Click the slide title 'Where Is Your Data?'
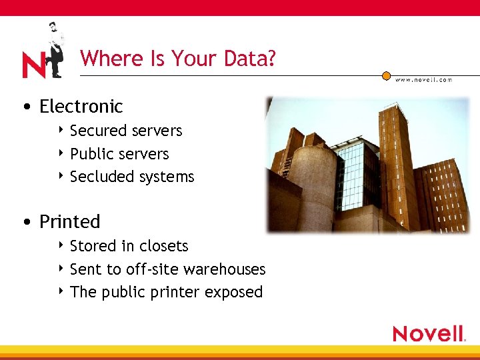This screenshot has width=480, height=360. coord(177,59)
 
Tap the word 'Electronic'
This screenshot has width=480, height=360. coord(81,107)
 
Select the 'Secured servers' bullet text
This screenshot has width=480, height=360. coord(126,131)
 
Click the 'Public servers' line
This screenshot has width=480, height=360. coord(119,154)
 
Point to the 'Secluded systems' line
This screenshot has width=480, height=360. coord(132,177)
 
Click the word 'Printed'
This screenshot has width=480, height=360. coord(70,221)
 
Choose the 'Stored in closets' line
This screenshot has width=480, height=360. coord(129,246)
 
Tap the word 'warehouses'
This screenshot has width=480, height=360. coord(224,269)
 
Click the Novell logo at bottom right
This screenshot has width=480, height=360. coord(429,333)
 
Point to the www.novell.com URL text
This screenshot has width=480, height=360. coord(423,80)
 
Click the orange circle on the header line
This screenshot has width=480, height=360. coord(386,75)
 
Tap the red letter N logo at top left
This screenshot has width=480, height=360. coord(33,65)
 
